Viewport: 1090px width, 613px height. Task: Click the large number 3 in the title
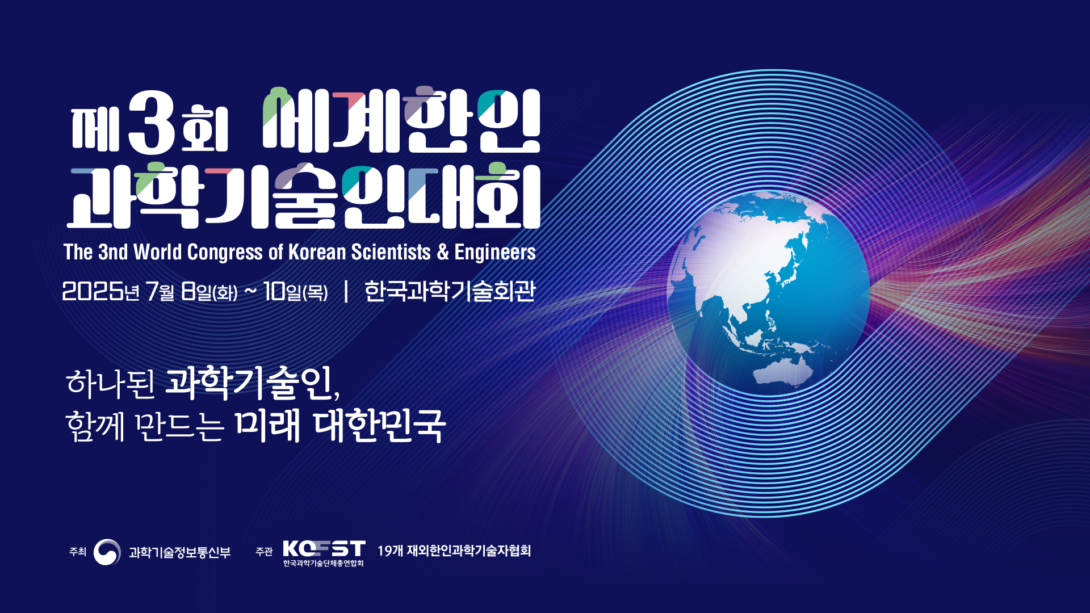pyautogui.click(x=152, y=122)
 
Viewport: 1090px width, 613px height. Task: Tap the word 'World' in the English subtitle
pyautogui.click(x=158, y=252)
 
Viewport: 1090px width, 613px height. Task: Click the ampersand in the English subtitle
pyautogui.click(x=443, y=252)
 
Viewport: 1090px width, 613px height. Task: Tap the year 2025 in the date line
pyautogui.click(x=93, y=292)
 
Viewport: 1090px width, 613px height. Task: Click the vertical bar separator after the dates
pyautogui.click(x=346, y=292)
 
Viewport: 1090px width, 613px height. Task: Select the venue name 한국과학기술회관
pyautogui.click(x=450, y=291)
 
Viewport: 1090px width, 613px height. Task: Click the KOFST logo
pyautogui.click(x=324, y=553)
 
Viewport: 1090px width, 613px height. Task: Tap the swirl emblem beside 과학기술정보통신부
pyautogui.click(x=107, y=552)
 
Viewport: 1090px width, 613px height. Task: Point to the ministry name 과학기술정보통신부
pyautogui.click(x=180, y=552)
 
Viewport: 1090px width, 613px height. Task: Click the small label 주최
pyautogui.click(x=78, y=552)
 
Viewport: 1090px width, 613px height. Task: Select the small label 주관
pyautogui.click(x=264, y=552)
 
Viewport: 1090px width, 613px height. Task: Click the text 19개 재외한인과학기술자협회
pyautogui.click(x=454, y=551)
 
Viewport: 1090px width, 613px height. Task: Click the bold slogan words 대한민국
pyautogui.click(x=379, y=426)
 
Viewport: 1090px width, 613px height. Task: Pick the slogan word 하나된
pyautogui.click(x=111, y=383)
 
